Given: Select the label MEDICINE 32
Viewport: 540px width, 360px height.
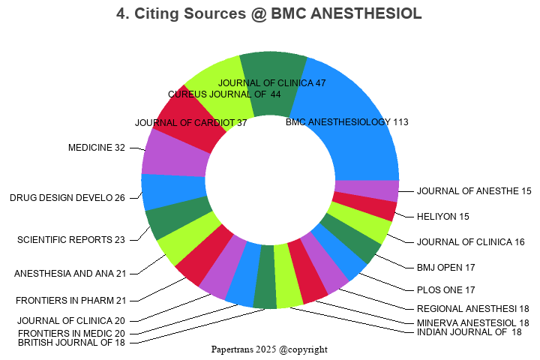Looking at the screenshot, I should coord(97,148).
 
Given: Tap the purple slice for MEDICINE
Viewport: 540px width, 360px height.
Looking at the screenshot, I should coord(174,153).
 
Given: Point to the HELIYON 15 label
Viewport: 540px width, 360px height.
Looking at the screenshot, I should coord(442,217).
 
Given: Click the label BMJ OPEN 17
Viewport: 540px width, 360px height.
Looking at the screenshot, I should coord(445,267).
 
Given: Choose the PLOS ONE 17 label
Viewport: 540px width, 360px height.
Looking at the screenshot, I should coord(445,289).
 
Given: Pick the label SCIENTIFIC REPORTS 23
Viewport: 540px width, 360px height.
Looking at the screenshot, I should coord(71,240).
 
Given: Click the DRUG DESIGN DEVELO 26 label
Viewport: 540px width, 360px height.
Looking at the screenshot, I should coord(67,198).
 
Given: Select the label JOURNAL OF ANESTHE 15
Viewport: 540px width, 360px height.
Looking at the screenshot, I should coord(474,191).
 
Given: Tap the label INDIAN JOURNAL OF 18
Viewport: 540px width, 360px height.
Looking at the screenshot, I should coord(469,332).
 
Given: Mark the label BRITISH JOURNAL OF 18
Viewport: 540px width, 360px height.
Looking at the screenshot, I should coord(72,342).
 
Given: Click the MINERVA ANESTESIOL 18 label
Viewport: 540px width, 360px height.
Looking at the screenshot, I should coord(472,322).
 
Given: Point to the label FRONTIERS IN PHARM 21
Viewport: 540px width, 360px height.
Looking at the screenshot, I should coord(71,301).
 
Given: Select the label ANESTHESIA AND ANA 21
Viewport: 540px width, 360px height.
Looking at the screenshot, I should coord(70,273).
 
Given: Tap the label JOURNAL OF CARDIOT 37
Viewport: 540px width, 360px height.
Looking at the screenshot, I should coord(191,123).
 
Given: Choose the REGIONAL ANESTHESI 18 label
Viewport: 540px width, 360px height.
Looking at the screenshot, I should coord(472,308).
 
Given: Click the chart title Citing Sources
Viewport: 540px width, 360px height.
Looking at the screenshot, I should coord(269,13).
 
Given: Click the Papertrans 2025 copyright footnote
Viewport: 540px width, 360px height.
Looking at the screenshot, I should coord(269,349).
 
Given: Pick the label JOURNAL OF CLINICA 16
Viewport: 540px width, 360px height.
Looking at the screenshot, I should coord(470,241).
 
